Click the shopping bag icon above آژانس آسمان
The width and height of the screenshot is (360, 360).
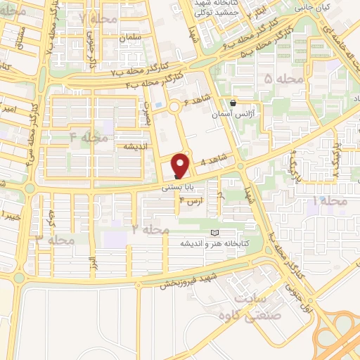[233, 103]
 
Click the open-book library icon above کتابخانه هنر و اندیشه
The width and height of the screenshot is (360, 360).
[215, 233]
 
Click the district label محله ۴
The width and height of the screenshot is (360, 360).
[89, 136]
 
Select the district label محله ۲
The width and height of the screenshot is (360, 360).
[147, 229]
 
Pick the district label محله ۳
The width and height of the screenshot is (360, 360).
[55, 240]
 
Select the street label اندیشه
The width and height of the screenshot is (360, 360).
[135, 146]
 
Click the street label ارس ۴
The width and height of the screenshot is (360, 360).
[191, 202]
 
